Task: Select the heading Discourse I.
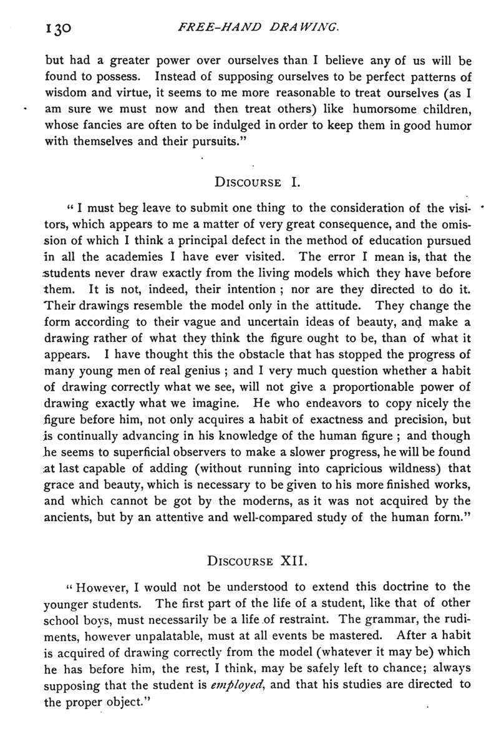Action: pyautogui.click(x=258, y=183)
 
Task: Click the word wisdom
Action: pyautogui.click(x=67, y=95)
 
